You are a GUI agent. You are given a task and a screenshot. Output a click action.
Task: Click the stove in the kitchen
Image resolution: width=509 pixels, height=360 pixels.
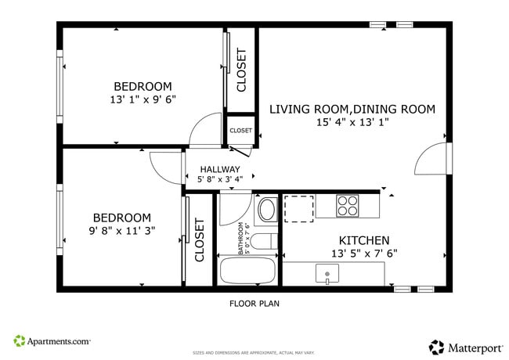point(348,206)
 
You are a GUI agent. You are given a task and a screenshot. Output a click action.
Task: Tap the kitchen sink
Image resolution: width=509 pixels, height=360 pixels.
point(327,273)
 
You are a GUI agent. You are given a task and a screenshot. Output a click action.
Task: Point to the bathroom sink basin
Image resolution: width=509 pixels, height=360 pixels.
point(267,210)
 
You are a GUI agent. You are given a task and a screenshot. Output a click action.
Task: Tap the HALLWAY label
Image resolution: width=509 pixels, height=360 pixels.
point(220,169)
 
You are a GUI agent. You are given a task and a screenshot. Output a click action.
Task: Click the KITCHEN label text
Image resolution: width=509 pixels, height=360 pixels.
point(364,240)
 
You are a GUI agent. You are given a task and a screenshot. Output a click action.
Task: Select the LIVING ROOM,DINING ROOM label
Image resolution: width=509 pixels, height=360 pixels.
point(352,109)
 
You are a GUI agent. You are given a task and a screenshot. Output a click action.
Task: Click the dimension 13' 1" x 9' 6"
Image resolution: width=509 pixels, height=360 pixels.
point(143,100)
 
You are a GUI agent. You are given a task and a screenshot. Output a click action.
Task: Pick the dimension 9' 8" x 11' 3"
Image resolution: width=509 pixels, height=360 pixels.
point(121,231)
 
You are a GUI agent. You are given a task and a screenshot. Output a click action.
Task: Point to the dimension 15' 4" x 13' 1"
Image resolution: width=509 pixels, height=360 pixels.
point(352,122)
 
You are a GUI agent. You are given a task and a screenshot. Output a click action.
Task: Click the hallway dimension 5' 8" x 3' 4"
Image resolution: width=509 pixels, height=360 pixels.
point(220,180)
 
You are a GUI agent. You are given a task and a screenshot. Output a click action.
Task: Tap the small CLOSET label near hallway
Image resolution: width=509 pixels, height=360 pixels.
point(240,131)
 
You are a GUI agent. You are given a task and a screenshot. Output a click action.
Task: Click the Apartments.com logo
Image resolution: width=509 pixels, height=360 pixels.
point(52,341)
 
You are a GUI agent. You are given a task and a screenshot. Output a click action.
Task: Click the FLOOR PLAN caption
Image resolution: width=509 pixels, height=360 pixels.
point(254,303)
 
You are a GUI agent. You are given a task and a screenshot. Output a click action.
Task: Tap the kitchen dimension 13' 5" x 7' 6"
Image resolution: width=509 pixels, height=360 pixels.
point(364,253)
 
